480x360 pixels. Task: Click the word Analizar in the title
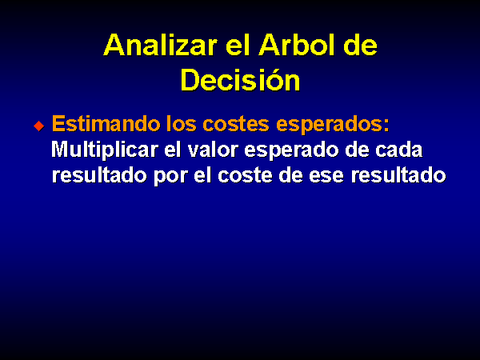click(160, 45)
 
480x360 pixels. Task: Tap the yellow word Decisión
click(240, 79)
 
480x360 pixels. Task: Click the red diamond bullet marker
click(39, 126)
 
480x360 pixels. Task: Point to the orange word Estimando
click(106, 123)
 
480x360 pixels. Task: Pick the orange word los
click(182, 123)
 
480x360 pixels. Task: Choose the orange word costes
click(236, 124)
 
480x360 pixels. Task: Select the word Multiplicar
click(105, 150)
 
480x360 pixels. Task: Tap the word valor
click(213, 150)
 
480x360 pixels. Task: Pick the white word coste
click(245, 176)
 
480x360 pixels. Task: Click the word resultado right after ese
click(398, 175)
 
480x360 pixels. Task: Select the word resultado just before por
click(99, 175)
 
